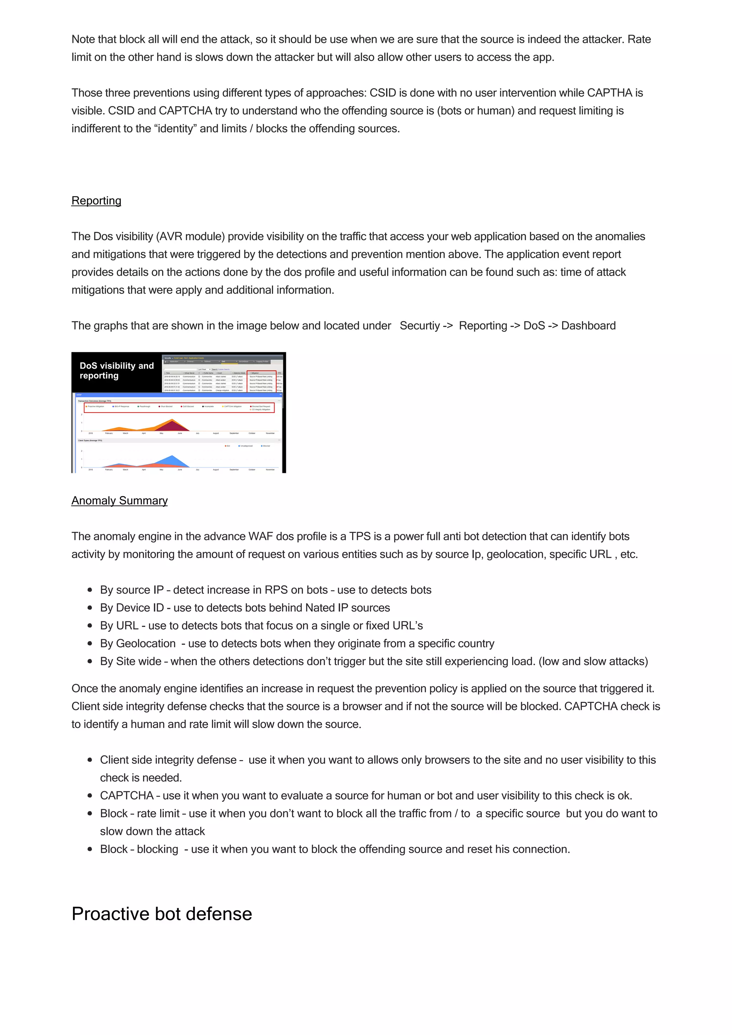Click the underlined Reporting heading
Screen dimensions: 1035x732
pos(96,201)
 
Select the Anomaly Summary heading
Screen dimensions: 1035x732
pos(119,500)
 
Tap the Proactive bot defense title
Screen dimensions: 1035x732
pos(162,914)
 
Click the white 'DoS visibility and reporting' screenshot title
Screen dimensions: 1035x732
pos(117,371)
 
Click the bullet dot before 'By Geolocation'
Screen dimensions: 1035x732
pos(90,643)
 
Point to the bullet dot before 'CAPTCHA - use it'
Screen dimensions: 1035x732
pos(90,796)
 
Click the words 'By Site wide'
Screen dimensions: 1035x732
pos(130,661)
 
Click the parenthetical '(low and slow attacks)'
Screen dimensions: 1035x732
pos(593,661)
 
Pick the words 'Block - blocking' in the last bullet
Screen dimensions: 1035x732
pos(139,849)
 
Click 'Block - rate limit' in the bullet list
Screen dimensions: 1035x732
pos(139,814)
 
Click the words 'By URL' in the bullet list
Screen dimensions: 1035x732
pos(119,626)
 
